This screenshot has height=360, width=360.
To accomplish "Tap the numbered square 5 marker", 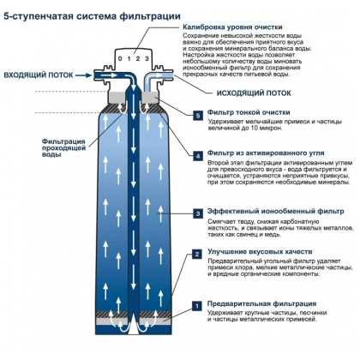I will pyautogui.click(x=198, y=115).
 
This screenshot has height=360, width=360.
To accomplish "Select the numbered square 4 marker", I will pyautogui.click(x=198, y=155).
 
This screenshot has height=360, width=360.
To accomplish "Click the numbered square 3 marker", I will pyautogui.click(x=198, y=213).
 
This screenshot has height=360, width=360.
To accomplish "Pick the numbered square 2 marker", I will pyautogui.click(x=198, y=255).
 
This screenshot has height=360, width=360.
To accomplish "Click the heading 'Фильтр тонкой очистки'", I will pyautogui.click(x=244, y=115).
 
